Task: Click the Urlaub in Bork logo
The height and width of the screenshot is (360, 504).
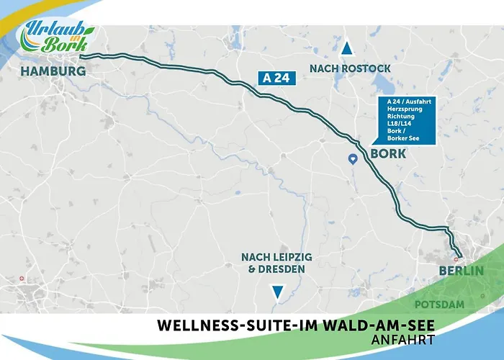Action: pyautogui.click(x=58, y=35)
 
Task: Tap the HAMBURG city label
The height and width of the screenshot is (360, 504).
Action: pyautogui.click(x=53, y=71)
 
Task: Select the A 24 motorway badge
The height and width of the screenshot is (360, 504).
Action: pyautogui.click(x=276, y=78)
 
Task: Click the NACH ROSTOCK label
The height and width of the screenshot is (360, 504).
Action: pyautogui.click(x=349, y=68)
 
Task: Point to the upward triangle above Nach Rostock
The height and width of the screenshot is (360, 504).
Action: pyautogui.click(x=347, y=49)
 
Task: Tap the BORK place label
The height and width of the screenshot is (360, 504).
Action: pyautogui.click(x=388, y=154)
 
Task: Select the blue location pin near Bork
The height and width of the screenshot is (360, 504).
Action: pyautogui.click(x=353, y=159)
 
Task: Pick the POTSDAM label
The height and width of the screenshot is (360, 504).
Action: pyautogui.click(x=456, y=305)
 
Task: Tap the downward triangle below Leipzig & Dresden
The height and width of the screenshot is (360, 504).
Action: pyautogui.click(x=276, y=292)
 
